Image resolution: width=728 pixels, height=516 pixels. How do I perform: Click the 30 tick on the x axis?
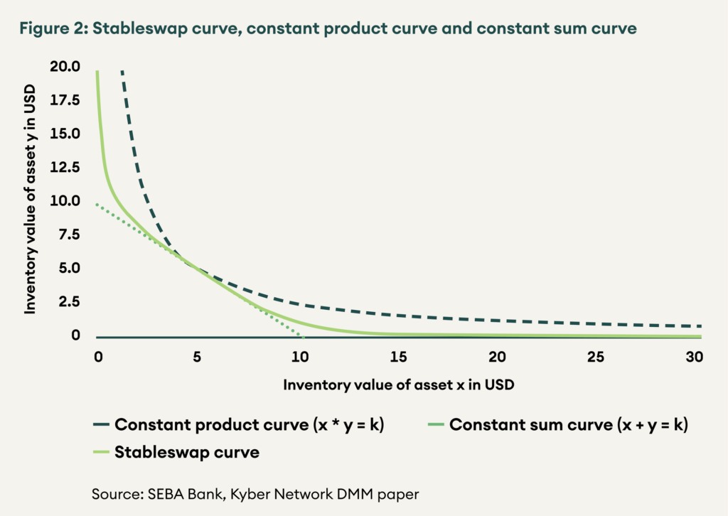click(695, 356)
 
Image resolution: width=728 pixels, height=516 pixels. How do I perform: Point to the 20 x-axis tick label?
click(497, 356)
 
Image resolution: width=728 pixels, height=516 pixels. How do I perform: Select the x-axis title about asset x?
click(398, 385)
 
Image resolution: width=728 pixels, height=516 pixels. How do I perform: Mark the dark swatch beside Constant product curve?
click(100, 426)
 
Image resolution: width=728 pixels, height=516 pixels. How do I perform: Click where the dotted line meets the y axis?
click(97, 204)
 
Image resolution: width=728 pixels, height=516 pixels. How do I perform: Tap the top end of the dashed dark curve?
click(122, 71)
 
